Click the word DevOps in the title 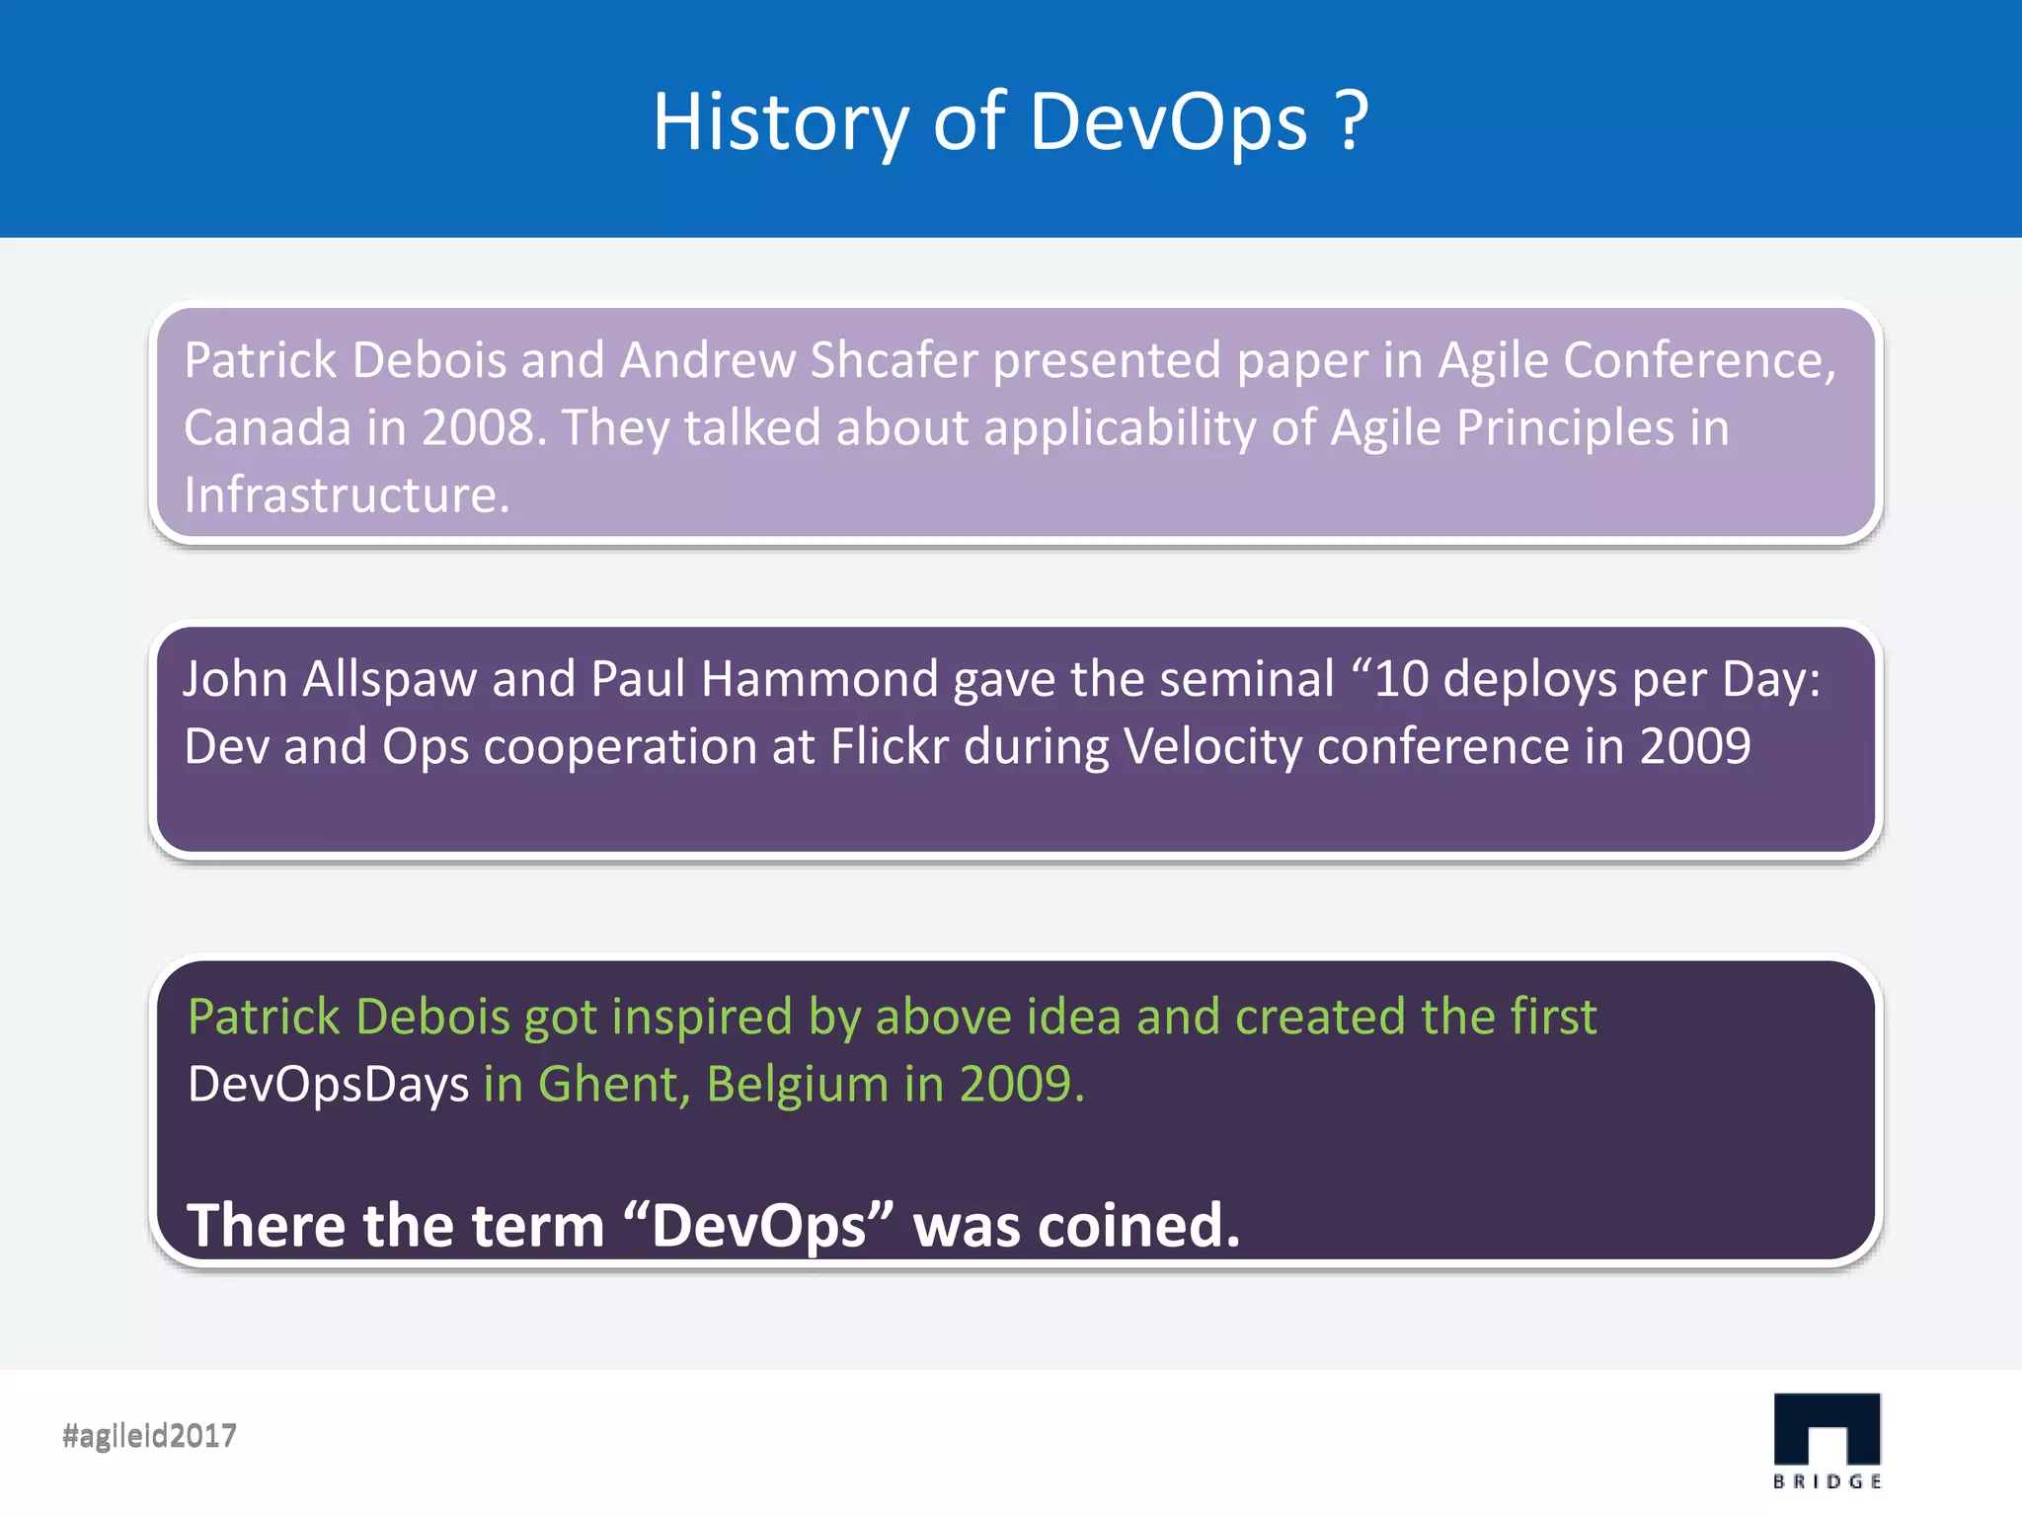click(1168, 122)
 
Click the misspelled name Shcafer click(894, 360)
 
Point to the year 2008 click(482, 428)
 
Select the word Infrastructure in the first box click(346, 494)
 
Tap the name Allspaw click(389, 679)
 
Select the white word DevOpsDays click(328, 1085)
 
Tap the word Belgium click(797, 1085)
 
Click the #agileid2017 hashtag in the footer click(149, 1435)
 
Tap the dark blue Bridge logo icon click(1827, 1429)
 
